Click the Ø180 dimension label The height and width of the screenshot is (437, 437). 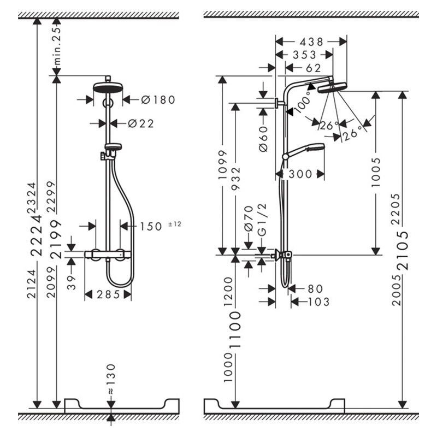click(x=158, y=100)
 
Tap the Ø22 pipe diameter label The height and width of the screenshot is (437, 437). click(x=141, y=123)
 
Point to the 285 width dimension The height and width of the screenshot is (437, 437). click(x=108, y=294)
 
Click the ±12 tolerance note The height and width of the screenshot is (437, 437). click(x=175, y=223)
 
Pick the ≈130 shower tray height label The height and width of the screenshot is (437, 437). click(x=111, y=379)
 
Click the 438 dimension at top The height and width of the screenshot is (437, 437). click(x=311, y=42)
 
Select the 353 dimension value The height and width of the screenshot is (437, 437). click(x=305, y=55)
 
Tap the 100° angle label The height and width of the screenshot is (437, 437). click(x=303, y=102)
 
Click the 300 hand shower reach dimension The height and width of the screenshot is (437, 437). click(x=300, y=174)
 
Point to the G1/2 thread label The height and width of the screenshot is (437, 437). click(x=262, y=220)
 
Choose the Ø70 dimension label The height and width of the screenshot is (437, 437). click(x=249, y=218)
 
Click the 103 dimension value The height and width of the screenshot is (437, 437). click(x=318, y=302)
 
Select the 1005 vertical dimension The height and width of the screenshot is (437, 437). click(x=376, y=173)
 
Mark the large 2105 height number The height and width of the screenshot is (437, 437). click(x=403, y=251)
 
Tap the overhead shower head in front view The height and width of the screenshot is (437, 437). click(x=108, y=87)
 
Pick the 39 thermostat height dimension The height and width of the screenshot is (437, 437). click(x=72, y=282)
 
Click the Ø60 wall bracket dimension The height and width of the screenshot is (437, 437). click(x=263, y=139)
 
